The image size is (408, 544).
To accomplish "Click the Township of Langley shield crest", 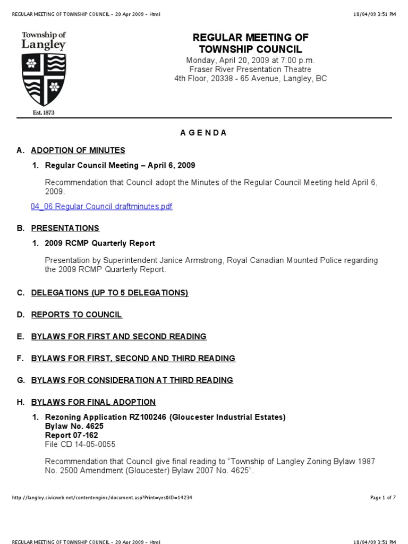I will (x=44, y=79).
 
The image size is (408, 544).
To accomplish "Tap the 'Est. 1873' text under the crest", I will (x=44, y=113).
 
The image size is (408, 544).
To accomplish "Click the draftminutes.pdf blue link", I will (x=101, y=207).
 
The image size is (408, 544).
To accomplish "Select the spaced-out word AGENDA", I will (x=203, y=133).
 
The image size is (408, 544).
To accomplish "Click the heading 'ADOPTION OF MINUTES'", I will (x=78, y=150).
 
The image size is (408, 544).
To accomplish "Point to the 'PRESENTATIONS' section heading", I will (x=65, y=228).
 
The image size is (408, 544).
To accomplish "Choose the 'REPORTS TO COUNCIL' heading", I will (x=76, y=315).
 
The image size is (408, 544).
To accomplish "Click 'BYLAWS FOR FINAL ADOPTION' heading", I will (x=93, y=402).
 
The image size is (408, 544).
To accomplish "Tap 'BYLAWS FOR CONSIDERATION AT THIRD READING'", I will (x=132, y=380).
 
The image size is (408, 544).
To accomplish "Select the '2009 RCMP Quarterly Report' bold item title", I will (x=100, y=243).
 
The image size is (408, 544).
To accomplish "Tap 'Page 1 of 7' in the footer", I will (x=382, y=498).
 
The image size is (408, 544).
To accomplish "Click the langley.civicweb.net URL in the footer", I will (x=102, y=498).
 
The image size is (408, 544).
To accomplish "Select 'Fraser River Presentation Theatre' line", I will (x=250, y=70).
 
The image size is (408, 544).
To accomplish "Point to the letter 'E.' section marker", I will (x=21, y=337).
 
